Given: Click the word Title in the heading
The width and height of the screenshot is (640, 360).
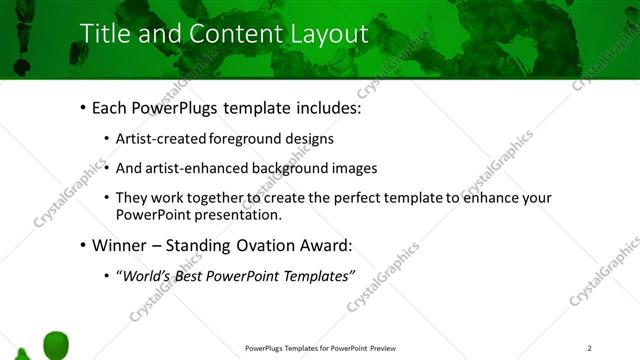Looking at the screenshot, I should pyautogui.click(x=104, y=34).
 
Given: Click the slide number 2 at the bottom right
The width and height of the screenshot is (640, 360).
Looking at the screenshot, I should pyautogui.click(x=590, y=348).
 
